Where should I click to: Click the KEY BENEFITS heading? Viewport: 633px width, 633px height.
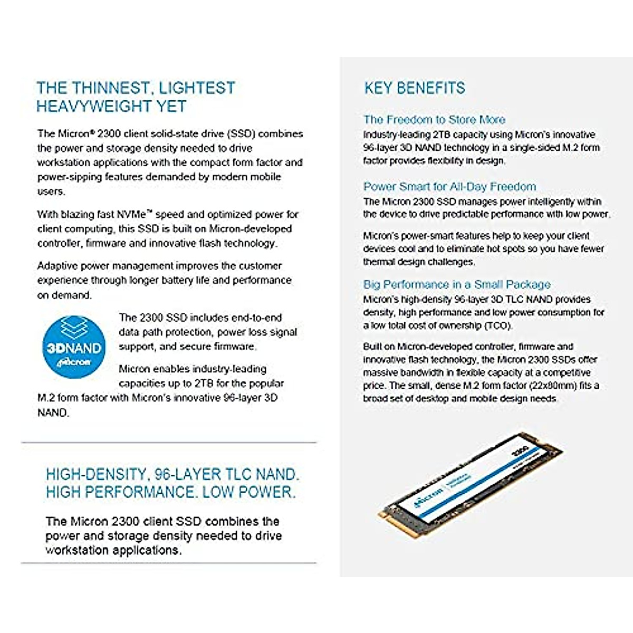click(415, 88)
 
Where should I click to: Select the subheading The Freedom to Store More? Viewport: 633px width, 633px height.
click(434, 120)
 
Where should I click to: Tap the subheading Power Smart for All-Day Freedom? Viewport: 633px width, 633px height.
click(449, 187)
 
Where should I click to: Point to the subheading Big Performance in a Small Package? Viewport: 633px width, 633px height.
click(457, 285)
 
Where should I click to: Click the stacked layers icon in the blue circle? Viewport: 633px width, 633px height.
click(73, 329)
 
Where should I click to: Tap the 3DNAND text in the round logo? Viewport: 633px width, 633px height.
click(74, 348)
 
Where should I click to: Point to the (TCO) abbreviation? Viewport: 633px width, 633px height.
click(497, 325)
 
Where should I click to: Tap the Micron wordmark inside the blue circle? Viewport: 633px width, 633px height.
click(74, 362)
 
